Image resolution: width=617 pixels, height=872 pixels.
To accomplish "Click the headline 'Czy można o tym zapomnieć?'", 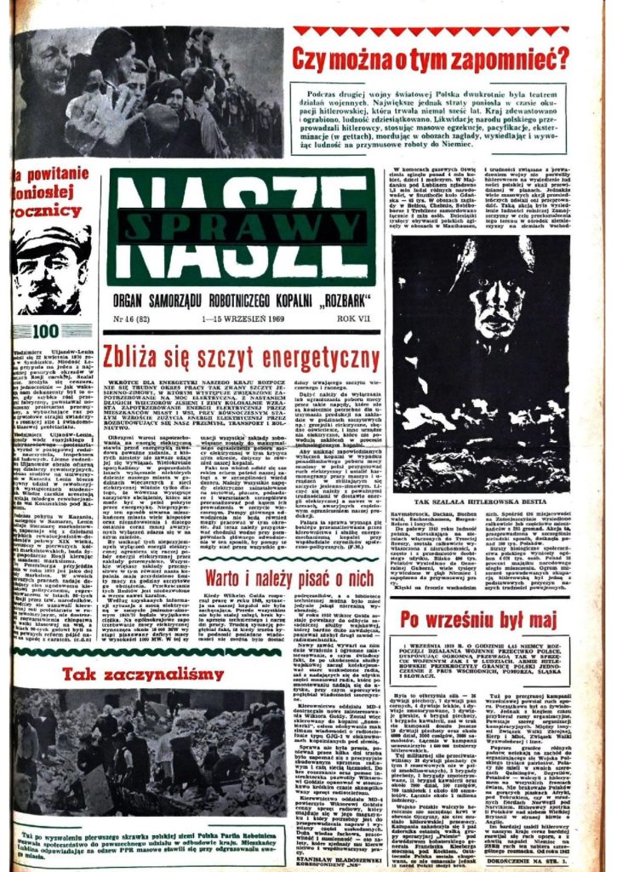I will pos(430,59).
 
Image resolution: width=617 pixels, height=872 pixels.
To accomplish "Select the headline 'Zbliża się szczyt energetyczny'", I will pos(241,355).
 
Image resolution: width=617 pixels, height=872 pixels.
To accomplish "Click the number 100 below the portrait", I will pos(48,330).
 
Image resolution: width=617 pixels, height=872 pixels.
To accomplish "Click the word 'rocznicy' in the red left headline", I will pos(49,209).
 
